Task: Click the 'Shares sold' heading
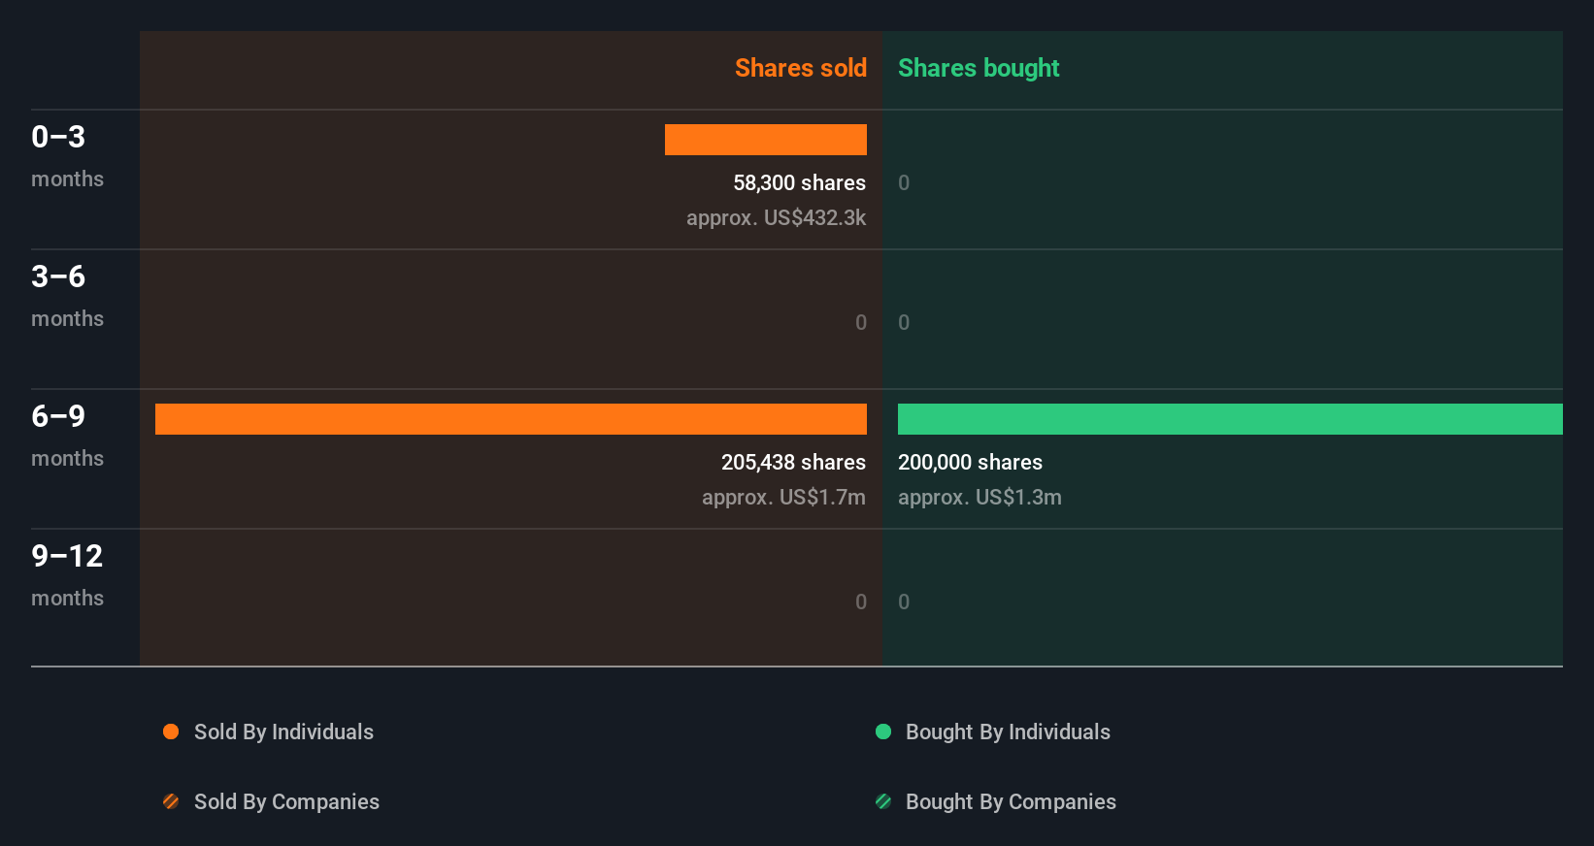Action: point(800,68)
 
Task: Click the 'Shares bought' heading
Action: point(978,68)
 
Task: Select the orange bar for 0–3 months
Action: point(765,140)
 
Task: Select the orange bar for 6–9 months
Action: point(511,419)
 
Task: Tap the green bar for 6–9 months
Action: point(1229,419)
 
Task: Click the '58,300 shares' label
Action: point(799,182)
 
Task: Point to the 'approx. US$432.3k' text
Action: point(776,217)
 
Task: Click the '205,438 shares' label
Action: point(793,462)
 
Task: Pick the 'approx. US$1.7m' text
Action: point(783,497)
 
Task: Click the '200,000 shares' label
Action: point(970,462)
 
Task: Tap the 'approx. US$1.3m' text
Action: point(980,497)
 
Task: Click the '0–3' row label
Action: point(58,137)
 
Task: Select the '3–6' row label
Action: point(58,277)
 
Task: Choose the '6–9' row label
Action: point(58,416)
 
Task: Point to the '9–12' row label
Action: point(67,556)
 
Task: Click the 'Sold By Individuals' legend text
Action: point(283,732)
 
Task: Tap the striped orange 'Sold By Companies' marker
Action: point(171,801)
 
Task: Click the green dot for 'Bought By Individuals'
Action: point(883,732)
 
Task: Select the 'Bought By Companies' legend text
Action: point(1011,801)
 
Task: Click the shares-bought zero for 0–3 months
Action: point(904,182)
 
